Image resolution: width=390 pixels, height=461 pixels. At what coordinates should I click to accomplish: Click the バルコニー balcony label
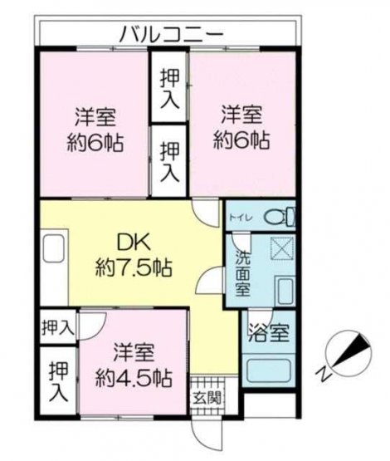click(x=172, y=33)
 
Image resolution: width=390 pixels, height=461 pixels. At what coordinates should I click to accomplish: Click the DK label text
click(x=134, y=243)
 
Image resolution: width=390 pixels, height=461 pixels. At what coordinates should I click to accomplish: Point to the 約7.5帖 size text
click(x=134, y=267)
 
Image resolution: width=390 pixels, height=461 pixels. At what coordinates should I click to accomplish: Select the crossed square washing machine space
click(x=282, y=248)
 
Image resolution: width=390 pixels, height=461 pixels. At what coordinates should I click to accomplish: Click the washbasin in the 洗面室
click(x=285, y=292)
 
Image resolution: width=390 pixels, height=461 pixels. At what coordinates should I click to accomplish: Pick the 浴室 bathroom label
click(x=269, y=333)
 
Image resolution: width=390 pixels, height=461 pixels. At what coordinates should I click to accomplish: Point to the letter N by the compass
click(x=324, y=373)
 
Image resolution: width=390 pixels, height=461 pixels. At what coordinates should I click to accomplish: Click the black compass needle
click(x=353, y=351)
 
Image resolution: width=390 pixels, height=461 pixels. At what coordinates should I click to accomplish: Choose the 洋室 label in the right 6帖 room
click(x=241, y=115)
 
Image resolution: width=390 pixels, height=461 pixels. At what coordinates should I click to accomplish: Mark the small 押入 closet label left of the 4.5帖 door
click(x=57, y=327)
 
